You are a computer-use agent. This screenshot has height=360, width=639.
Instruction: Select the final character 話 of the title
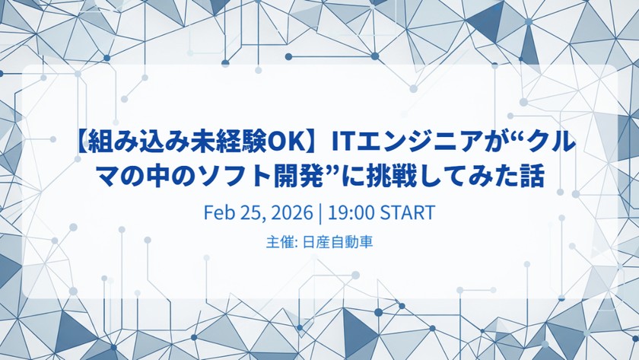536,177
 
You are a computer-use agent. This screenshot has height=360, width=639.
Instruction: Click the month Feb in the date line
218,212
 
